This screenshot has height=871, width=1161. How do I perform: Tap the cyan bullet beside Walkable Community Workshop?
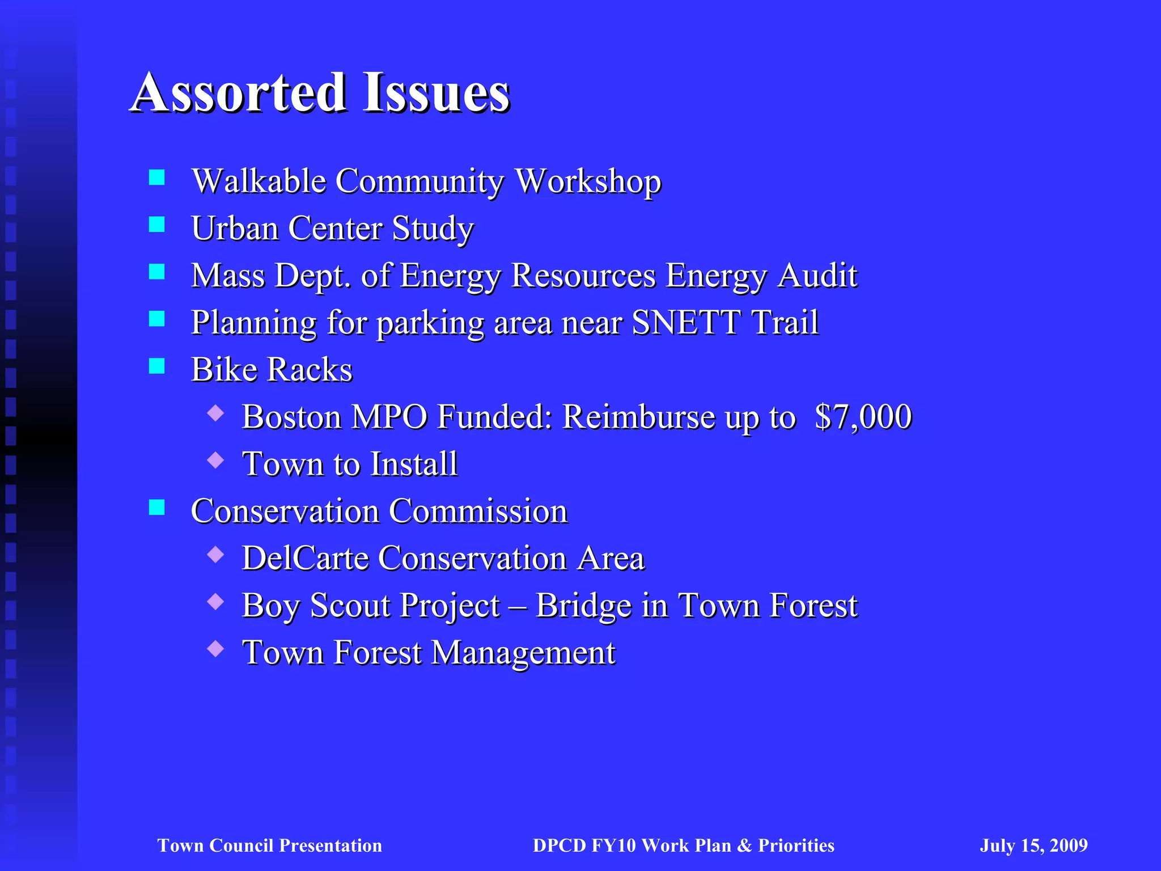tap(156, 178)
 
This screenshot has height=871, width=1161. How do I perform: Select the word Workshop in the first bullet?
tap(588, 181)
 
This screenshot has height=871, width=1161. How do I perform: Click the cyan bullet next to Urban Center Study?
tap(156, 225)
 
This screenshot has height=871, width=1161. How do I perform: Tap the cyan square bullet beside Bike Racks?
tap(156, 366)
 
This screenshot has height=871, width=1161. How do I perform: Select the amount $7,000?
tap(863, 417)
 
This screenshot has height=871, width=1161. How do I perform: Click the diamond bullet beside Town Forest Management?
tap(215, 648)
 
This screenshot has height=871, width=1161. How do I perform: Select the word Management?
tap(523, 653)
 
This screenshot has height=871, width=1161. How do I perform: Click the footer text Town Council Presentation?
tap(269, 845)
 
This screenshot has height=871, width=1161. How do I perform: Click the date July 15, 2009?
tap(1033, 845)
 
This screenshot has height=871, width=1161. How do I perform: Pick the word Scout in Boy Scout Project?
tap(348, 605)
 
